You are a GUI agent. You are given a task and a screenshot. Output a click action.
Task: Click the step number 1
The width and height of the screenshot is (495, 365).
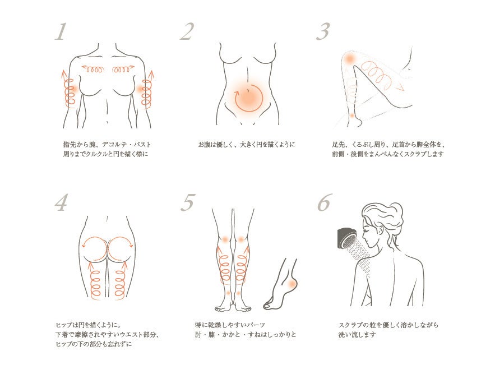[x=61, y=32]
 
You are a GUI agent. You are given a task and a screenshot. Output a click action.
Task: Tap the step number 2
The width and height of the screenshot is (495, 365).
[x=187, y=32]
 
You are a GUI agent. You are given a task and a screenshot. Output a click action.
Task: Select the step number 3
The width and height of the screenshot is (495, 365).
[x=323, y=32]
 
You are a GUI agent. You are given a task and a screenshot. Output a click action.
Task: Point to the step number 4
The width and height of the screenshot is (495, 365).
[x=62, y=202]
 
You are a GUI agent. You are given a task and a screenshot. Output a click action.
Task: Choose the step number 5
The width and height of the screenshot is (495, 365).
[x=188, y=202]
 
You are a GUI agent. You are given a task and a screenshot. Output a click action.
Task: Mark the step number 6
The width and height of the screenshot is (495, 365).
[x=325, y=202]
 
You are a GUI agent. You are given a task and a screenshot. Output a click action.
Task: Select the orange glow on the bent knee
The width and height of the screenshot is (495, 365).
[x=350, y=59]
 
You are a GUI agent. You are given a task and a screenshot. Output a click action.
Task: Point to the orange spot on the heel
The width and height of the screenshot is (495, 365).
[x=292, y=284]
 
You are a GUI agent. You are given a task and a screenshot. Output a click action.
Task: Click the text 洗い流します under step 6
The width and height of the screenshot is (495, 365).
[x=357, y=334]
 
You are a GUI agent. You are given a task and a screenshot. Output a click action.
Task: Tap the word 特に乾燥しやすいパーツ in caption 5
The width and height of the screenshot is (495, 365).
[x=230, y=325]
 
